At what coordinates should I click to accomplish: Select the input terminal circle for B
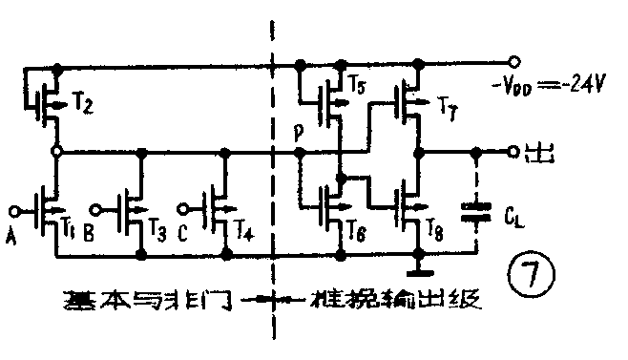(98, 208)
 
